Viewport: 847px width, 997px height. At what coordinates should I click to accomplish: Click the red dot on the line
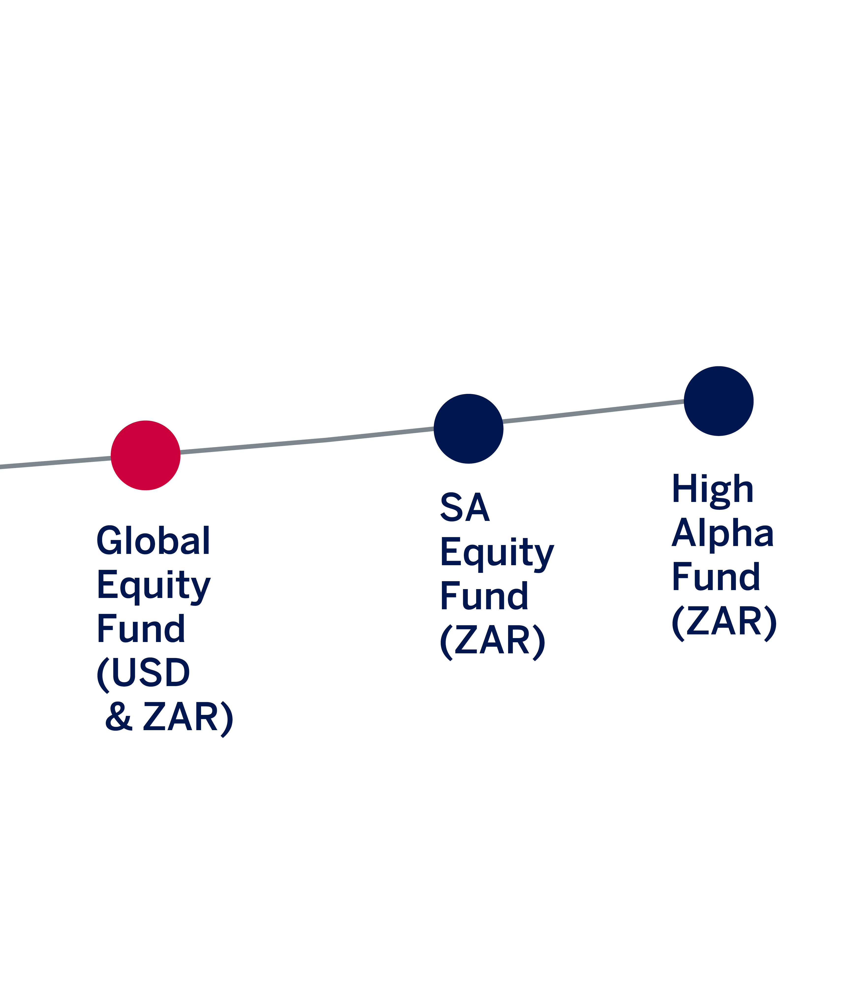(145, 455)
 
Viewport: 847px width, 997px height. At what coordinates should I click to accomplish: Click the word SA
(465, 507)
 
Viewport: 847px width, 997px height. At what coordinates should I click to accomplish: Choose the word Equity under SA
(497, 554)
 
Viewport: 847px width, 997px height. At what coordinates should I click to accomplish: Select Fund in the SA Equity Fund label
(484, 595)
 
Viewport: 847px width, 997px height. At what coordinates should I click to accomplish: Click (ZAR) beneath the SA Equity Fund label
(493, 641)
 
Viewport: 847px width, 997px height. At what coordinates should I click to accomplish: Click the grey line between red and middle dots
(307, 441)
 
